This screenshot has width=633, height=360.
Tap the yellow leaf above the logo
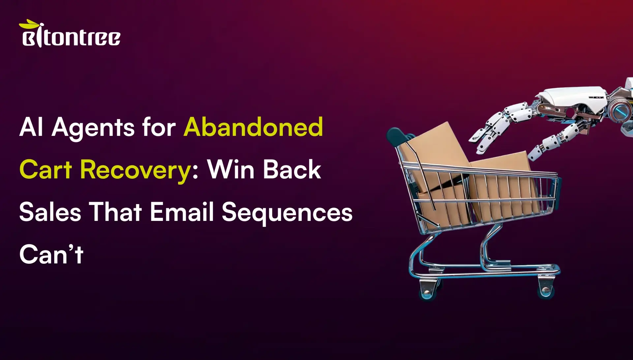(29, 24)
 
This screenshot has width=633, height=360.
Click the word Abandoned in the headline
(253, 127)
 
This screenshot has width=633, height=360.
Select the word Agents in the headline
(93, 128)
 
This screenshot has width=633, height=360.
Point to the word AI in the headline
(31, 127)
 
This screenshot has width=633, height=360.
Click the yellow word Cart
(45, 169)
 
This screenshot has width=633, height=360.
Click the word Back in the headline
(292, 169)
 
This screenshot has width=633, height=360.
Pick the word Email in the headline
(182, 212)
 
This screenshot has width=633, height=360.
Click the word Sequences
(287, 213)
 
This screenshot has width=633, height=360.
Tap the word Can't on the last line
(51, 254)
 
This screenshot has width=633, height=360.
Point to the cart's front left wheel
(427, 290)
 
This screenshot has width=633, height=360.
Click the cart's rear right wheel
(546, 290)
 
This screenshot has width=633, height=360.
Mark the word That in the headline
(115, 212)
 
